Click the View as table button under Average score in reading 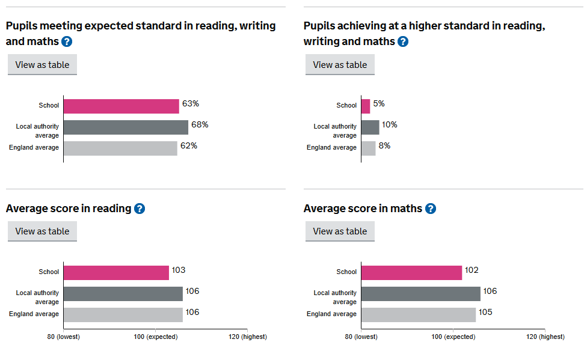point(42,231)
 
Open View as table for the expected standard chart point(42,65)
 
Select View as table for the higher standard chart point(340,65)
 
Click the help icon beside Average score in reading point(140,209)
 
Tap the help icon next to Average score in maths point(431,209)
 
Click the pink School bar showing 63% point(121,106)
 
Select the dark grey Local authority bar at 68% point(125,127)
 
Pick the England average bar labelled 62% point(120,148)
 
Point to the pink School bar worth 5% point(366,106)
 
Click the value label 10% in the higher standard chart point(389,125)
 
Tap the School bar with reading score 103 point(116,272)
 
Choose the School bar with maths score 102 point(411,272)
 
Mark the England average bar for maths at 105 point(418,315)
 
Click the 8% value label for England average point(384,145)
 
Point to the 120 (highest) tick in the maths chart point(545,337)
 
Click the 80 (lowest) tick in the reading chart point(64,337)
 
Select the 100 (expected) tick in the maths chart point(453,337)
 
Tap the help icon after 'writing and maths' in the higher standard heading point(403,41)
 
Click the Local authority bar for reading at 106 point(123,294)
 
